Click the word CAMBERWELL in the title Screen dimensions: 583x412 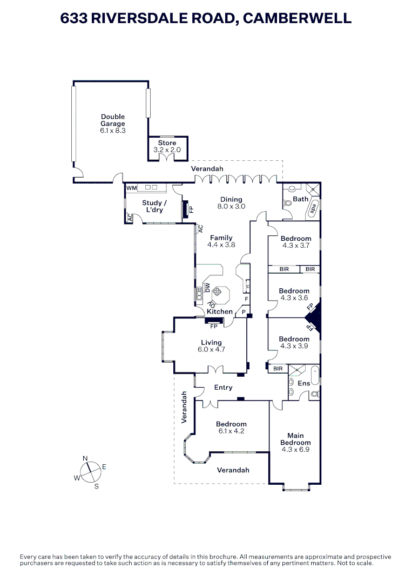296,18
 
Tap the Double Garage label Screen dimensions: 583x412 112,120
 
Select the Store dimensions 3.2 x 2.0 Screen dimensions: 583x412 167,150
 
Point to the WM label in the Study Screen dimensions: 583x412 132,188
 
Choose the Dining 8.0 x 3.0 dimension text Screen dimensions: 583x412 231,206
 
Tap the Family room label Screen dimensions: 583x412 221,238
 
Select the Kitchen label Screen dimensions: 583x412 220,311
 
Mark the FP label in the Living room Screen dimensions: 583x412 214,327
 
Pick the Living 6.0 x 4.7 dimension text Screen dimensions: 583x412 211,349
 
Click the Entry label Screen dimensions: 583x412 223,388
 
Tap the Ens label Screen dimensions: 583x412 304,383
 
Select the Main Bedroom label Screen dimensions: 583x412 295,439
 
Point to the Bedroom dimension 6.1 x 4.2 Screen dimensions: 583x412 231,431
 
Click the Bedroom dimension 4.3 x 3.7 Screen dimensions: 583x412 295,245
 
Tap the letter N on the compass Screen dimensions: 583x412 85,458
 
